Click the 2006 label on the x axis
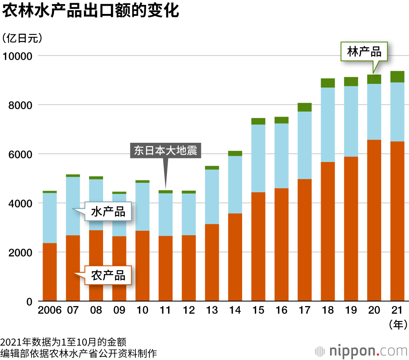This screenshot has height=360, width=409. pos(49,310)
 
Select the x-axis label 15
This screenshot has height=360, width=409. pos(258,310)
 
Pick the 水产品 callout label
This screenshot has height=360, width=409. pos(108,211)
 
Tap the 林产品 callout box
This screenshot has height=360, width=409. pos(364,52)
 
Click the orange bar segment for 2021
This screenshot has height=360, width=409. pos(397,221)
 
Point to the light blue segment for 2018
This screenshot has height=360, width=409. pos(328,125)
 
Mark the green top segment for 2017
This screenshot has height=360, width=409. pos(304,107)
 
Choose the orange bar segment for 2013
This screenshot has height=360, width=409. pos(212,262)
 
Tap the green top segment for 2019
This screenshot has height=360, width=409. pos(351,81)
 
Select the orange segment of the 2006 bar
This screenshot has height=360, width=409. pos(49,272)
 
